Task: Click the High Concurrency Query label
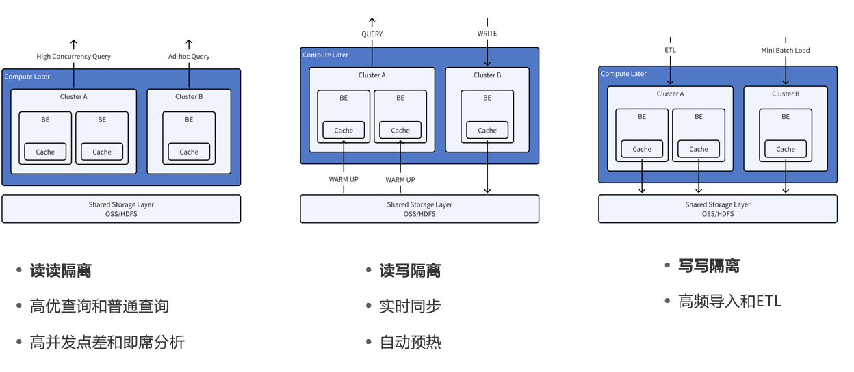(x=74, y=57)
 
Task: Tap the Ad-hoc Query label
(x=189, y=57)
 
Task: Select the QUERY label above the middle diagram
(x=372, y=34)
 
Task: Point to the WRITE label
(x=487, y=34)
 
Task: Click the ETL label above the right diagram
(x=671, y=50)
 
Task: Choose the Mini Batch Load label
(x=786, y=50)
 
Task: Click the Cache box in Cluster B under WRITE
(x=487, y=130)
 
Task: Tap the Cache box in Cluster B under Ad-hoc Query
(x=189, y=152)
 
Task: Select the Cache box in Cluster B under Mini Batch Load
(x=786, y=149)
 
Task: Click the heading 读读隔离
(x=61, y=271)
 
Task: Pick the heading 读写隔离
(x=411, y=271)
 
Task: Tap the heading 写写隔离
(x=709, y=266)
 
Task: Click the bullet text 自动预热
(x=411, y=342)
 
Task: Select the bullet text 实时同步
(x=411, y=306)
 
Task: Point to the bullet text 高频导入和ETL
(x=729, y=301)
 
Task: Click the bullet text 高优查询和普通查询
(x=99, y=306)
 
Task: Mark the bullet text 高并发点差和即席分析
(x=107, y=342)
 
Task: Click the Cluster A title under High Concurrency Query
(x=74, y=97)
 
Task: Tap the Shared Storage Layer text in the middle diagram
(x=419, y=204)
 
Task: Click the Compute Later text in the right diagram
(x=624, y=74)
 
